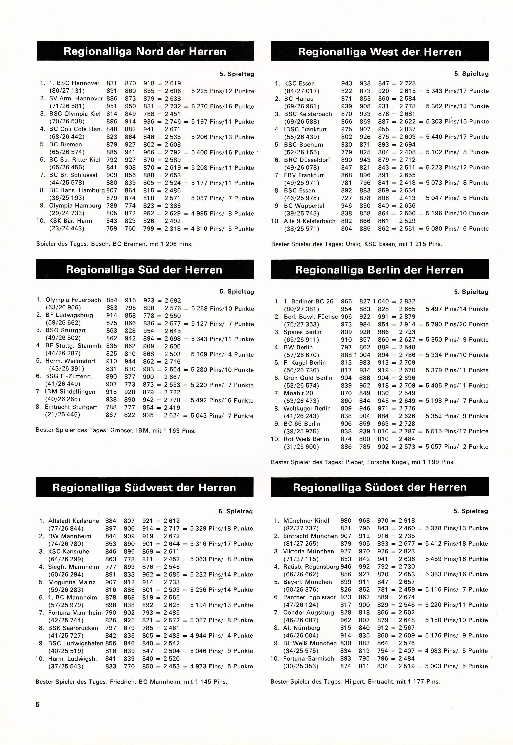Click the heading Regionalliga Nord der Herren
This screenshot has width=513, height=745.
145,52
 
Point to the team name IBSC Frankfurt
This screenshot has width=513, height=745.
305,129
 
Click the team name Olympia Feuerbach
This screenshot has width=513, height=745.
73,300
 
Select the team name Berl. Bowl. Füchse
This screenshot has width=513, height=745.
311,317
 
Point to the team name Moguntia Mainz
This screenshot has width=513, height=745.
72,582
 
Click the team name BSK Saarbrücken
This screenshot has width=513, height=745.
73,628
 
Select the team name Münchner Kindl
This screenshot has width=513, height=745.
306,521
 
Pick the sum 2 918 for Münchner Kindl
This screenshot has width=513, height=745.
407,521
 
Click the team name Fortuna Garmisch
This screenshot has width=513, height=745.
309,659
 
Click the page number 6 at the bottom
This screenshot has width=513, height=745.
38,704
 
